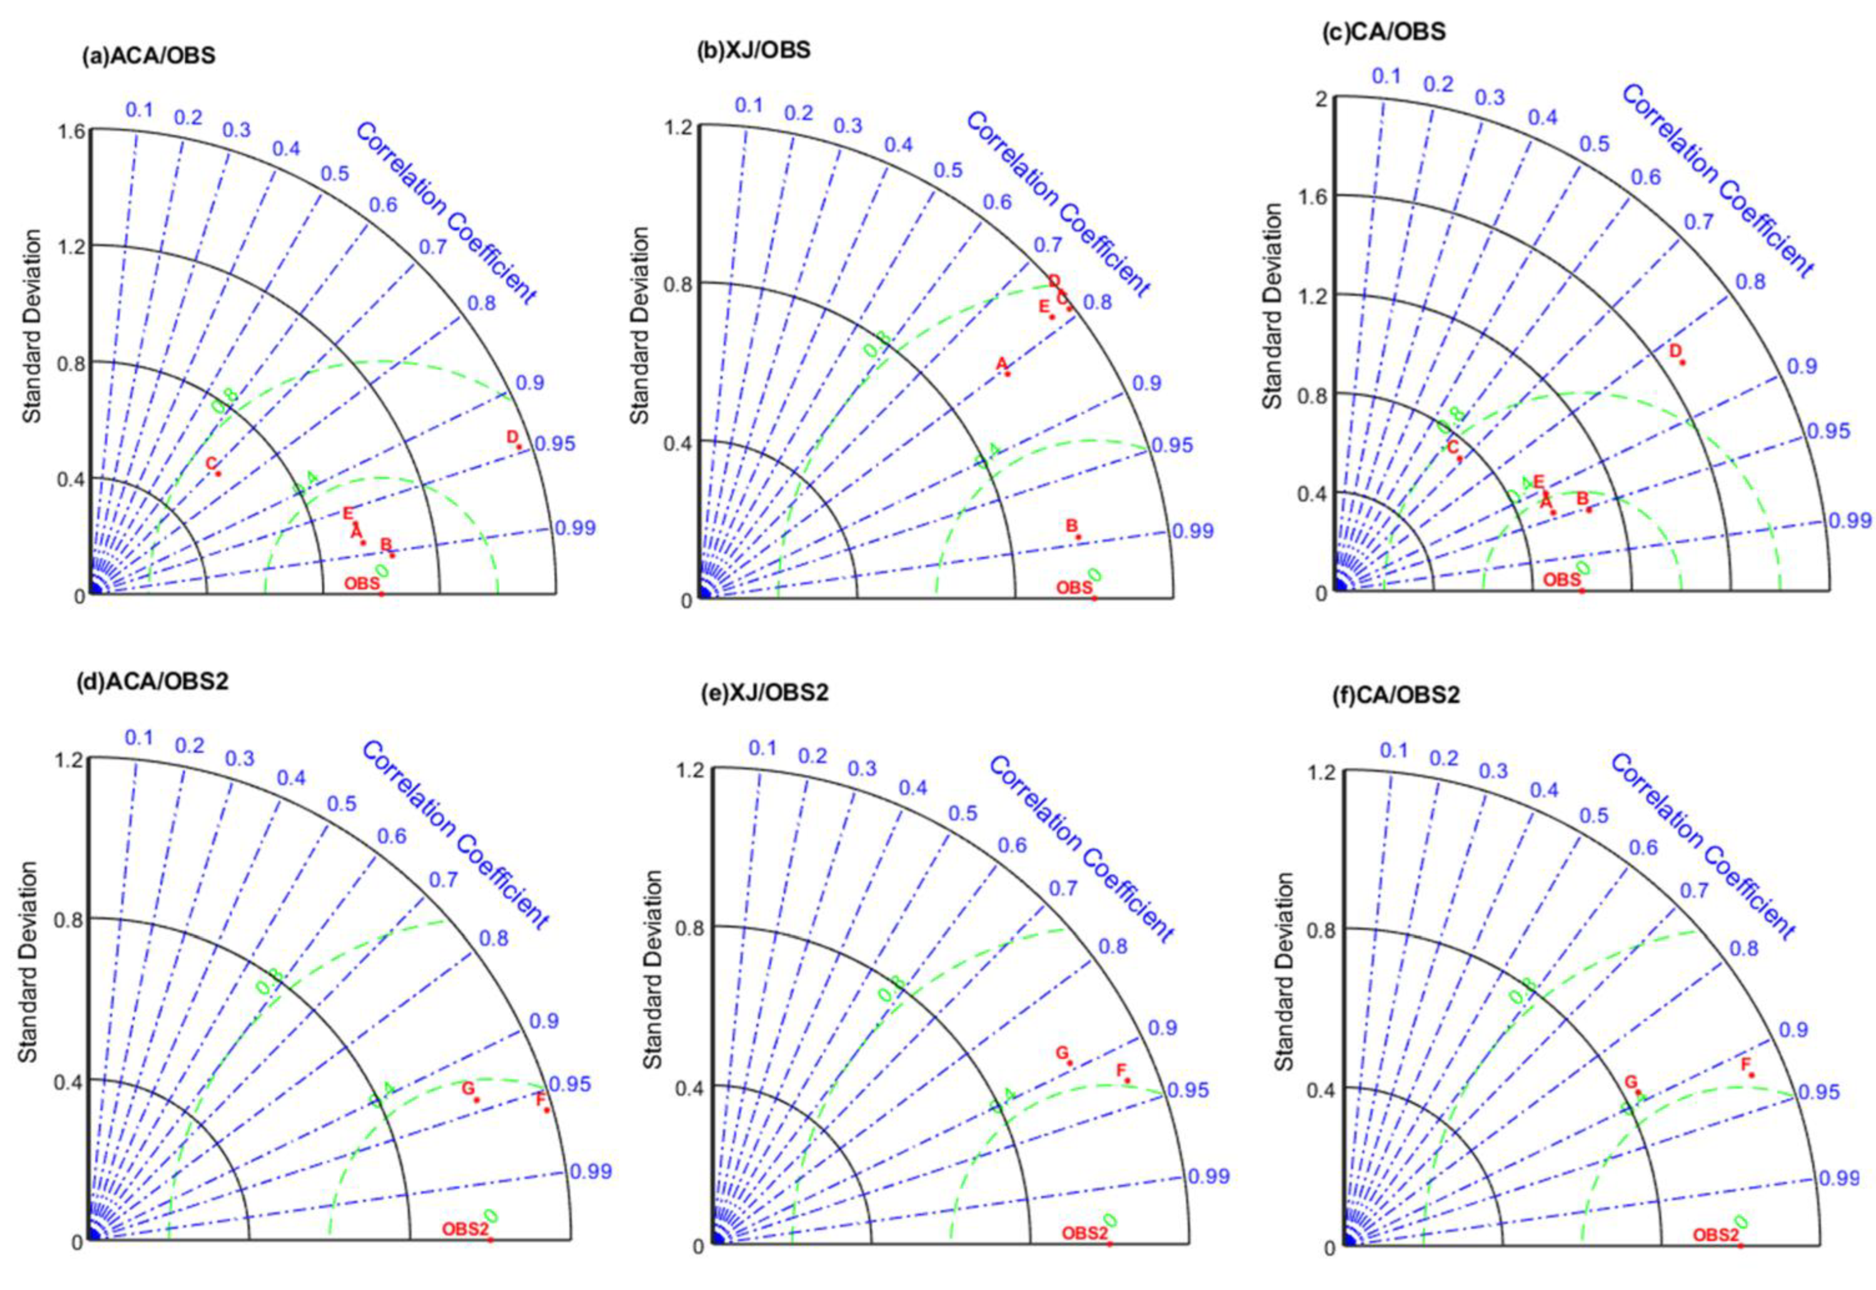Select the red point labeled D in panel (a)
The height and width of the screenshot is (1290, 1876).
coord(519,446)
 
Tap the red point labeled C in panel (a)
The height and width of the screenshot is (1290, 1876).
coord(217,473)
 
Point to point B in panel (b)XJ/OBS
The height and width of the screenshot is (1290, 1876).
coord(1077,537)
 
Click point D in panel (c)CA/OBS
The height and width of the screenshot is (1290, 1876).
coord(1682,361)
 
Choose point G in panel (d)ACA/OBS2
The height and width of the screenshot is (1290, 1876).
coord(477,1099)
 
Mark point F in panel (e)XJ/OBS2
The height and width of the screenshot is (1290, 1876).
coord(1128,1080)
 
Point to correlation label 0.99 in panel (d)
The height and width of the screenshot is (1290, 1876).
coord(591,1171)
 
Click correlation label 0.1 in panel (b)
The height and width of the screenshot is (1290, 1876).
coord(748,105)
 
